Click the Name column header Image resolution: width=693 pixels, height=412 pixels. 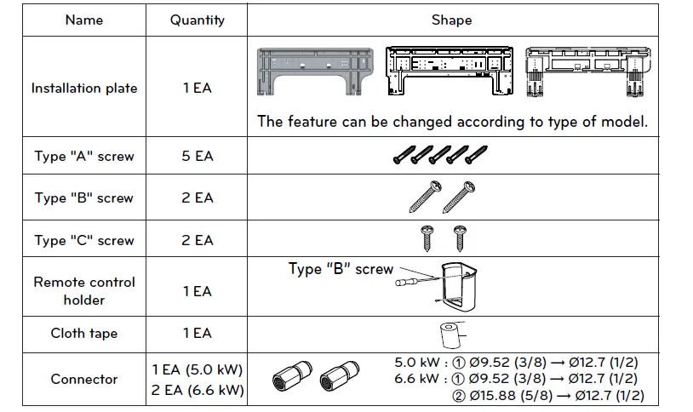(x=83, y=20)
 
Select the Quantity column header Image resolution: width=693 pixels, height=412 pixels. (x=197, y=20)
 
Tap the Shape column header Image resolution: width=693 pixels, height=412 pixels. (x=451, y=20)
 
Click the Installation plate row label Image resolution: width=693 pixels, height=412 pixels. (x=83, y=89)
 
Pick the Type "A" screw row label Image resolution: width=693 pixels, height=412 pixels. (x=83, y=157)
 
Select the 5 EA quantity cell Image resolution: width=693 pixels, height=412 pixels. (x=197, y=157)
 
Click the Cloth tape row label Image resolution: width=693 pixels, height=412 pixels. (x=83, y=334)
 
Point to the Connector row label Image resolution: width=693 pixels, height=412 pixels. (x=83, y=380)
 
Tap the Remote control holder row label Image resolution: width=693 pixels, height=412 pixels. (x=83, y=291)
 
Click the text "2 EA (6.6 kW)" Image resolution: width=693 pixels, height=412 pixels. (x=197, y=391)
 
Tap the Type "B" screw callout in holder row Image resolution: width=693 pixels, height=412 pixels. (x=341, y=270)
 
